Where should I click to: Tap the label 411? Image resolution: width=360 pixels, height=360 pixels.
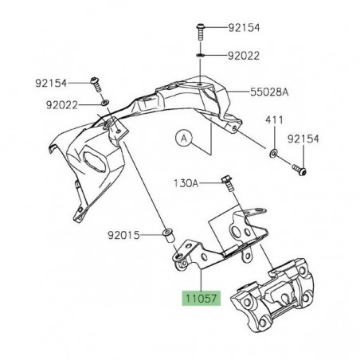pos(273,119)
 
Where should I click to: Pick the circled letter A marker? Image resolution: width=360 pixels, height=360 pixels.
pos(184,138)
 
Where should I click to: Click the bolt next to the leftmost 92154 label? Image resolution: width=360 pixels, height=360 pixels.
pos(95,83)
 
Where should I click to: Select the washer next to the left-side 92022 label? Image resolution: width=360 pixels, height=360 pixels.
pos(105,104)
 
